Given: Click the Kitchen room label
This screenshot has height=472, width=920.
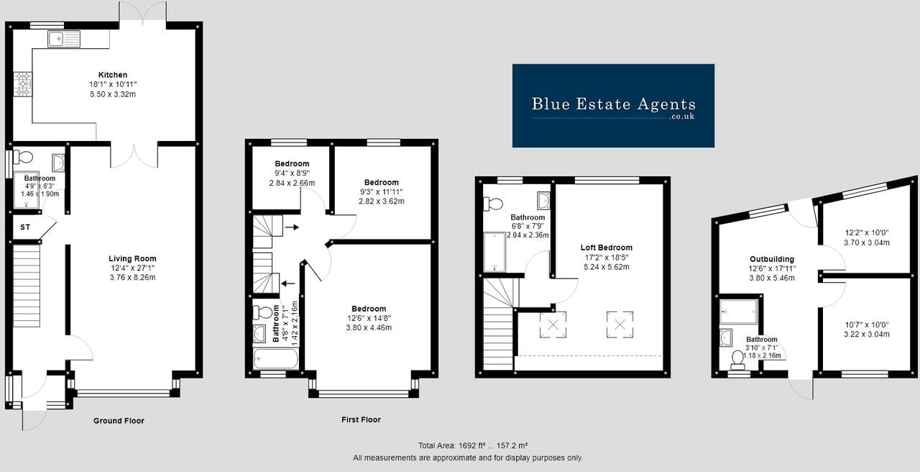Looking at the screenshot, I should (x=113, y=75).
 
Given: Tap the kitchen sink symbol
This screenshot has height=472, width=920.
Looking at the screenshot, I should (x=64, y=39).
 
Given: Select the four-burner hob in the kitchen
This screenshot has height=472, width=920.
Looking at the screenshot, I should (x=23, y=83).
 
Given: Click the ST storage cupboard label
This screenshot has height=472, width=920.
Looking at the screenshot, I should (x=25, y=227).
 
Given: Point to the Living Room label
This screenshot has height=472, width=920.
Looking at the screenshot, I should (x=132, y=258).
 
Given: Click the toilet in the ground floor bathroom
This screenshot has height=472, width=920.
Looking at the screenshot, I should (x=24, y=157).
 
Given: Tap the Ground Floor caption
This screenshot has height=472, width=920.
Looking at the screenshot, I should (x=119, y=421).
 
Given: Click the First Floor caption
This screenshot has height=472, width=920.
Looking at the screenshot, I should (x=361, y=419).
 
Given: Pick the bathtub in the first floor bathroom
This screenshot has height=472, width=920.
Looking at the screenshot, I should (x=275, y=358).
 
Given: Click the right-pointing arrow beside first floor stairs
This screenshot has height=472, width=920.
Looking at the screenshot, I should (x=292, y=227).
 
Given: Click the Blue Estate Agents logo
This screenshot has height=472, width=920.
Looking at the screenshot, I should (x=613, y=106).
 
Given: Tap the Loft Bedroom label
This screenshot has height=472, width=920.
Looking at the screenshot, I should (x=607, y=248).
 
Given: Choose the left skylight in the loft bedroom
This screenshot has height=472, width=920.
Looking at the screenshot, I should (x=553, y=324).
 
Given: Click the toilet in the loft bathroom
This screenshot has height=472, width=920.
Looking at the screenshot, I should (x=493, y=204).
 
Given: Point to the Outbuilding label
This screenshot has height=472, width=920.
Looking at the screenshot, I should (x=771, y=259).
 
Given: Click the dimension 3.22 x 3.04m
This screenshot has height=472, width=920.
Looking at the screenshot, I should (x=866, y=334).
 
